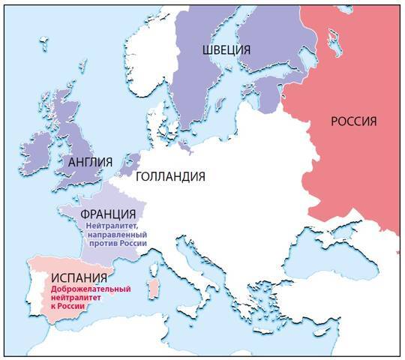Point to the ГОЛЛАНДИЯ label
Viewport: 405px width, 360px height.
170,177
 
